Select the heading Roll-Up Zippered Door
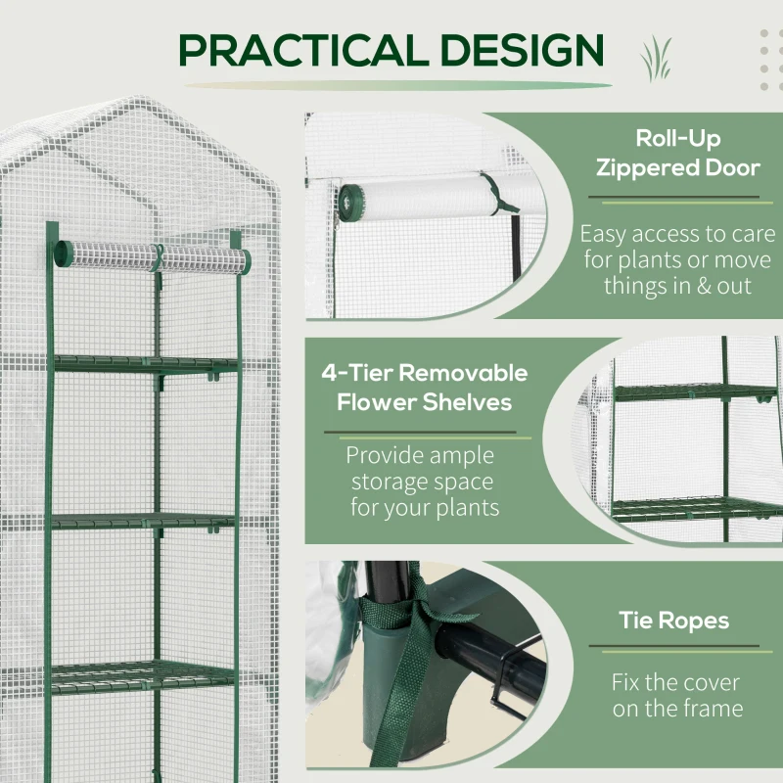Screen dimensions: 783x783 coord(677,153)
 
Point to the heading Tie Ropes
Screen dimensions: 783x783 coord(673,621)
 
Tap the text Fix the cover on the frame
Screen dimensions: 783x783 coord(675,695)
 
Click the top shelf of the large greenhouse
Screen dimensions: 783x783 coord(147,364)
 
